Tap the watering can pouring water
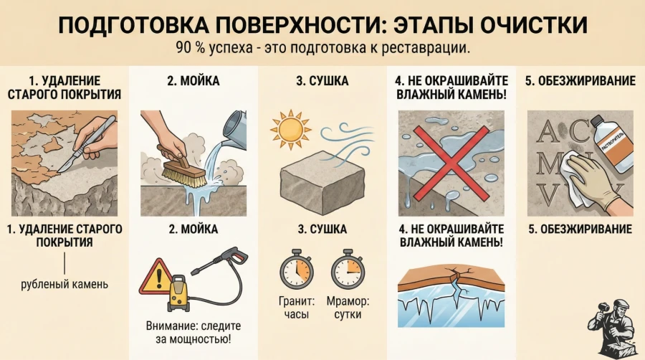pyautogui.click(x=238, y=128)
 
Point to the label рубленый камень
pyautogui.click(x=64, y=283)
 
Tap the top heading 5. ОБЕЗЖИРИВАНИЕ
pyautogui.click(x=580, y=81)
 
